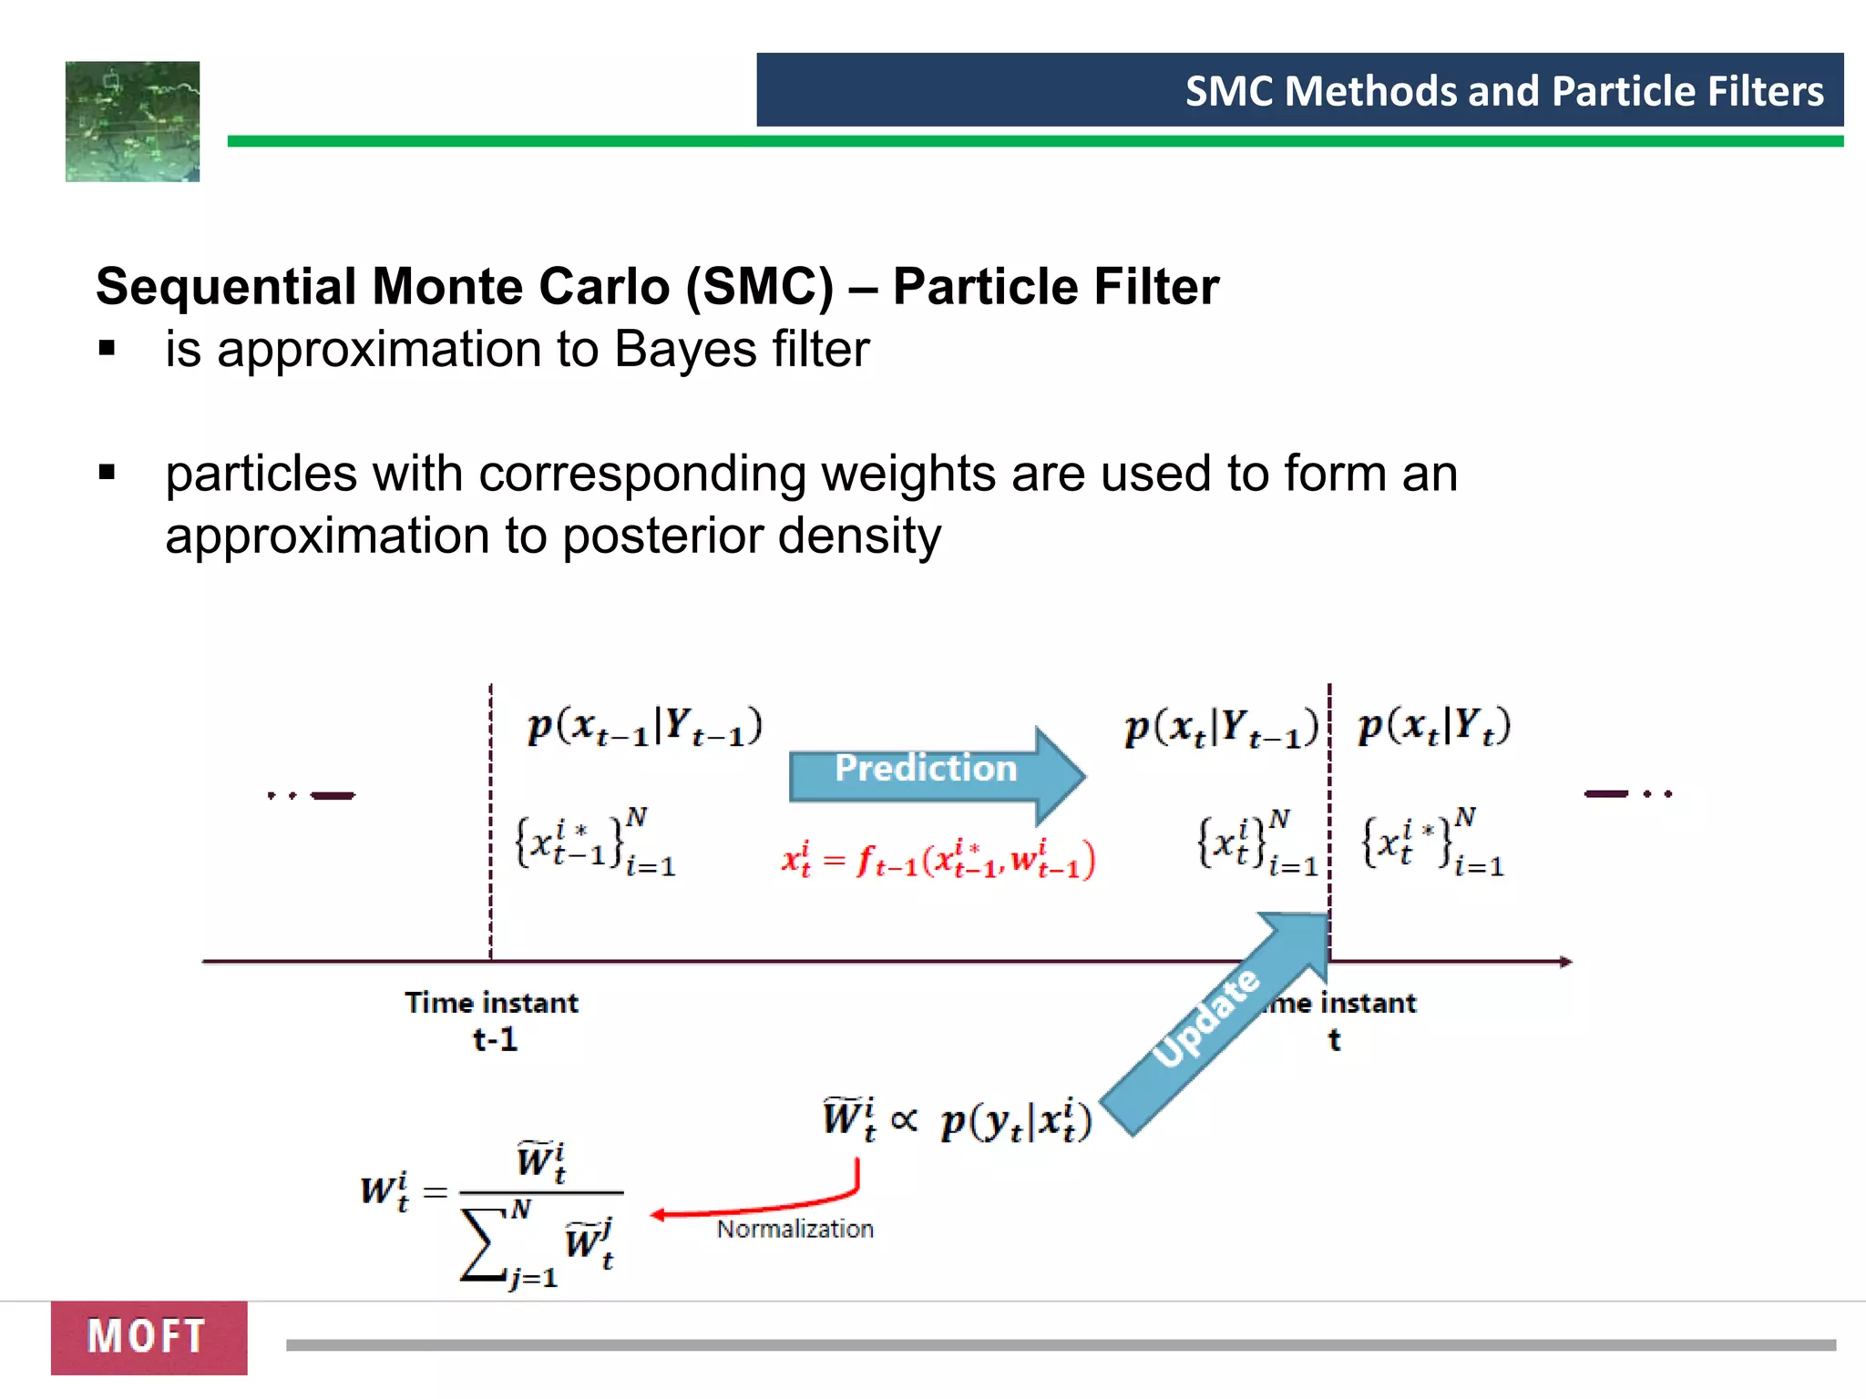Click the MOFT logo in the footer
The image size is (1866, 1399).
(x=149, y=1337)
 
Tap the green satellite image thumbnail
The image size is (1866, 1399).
(x=133, y=121)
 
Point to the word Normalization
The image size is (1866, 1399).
(x=795, y=1230)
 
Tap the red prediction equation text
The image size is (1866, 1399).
(x=938, y=860)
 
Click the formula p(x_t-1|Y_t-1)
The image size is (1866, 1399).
(x=644, y=727)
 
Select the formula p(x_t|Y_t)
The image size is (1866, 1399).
(x=1434, y=727)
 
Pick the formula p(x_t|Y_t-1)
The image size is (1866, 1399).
(x=1221, y=727)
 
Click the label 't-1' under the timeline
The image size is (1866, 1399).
(x=495, y=1039)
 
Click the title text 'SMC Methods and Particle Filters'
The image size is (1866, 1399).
(x=1503, y=91)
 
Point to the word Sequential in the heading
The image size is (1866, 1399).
(x=228, y=287)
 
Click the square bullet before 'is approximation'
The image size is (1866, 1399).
(x=108, y=348)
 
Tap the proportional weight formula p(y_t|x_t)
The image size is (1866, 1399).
(x=1016, y=1121)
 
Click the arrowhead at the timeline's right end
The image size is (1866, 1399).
(x=1566, y=962)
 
